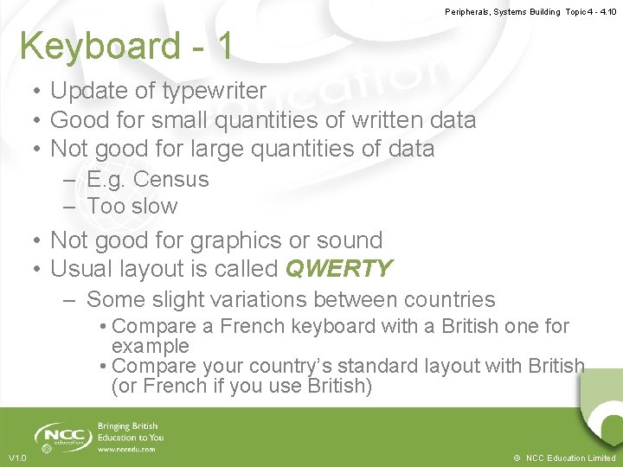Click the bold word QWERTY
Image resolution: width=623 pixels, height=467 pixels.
pyautogui.click(x=338, y=269)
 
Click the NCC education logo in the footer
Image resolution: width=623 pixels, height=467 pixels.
pyautogui.click(x=62, y=437)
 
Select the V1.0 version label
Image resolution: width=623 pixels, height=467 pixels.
pyautogui.click(x=17, y=457)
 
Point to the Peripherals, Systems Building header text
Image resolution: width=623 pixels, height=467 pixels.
pyautogui.click(x=503, y=12)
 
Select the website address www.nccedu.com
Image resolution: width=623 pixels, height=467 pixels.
pyautogui.click(x=127, y=449)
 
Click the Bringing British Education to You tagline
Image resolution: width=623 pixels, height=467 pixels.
pyautogui.click(x=131, y=432)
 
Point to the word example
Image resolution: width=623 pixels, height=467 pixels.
pyautogui.click(x=151, y=346)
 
